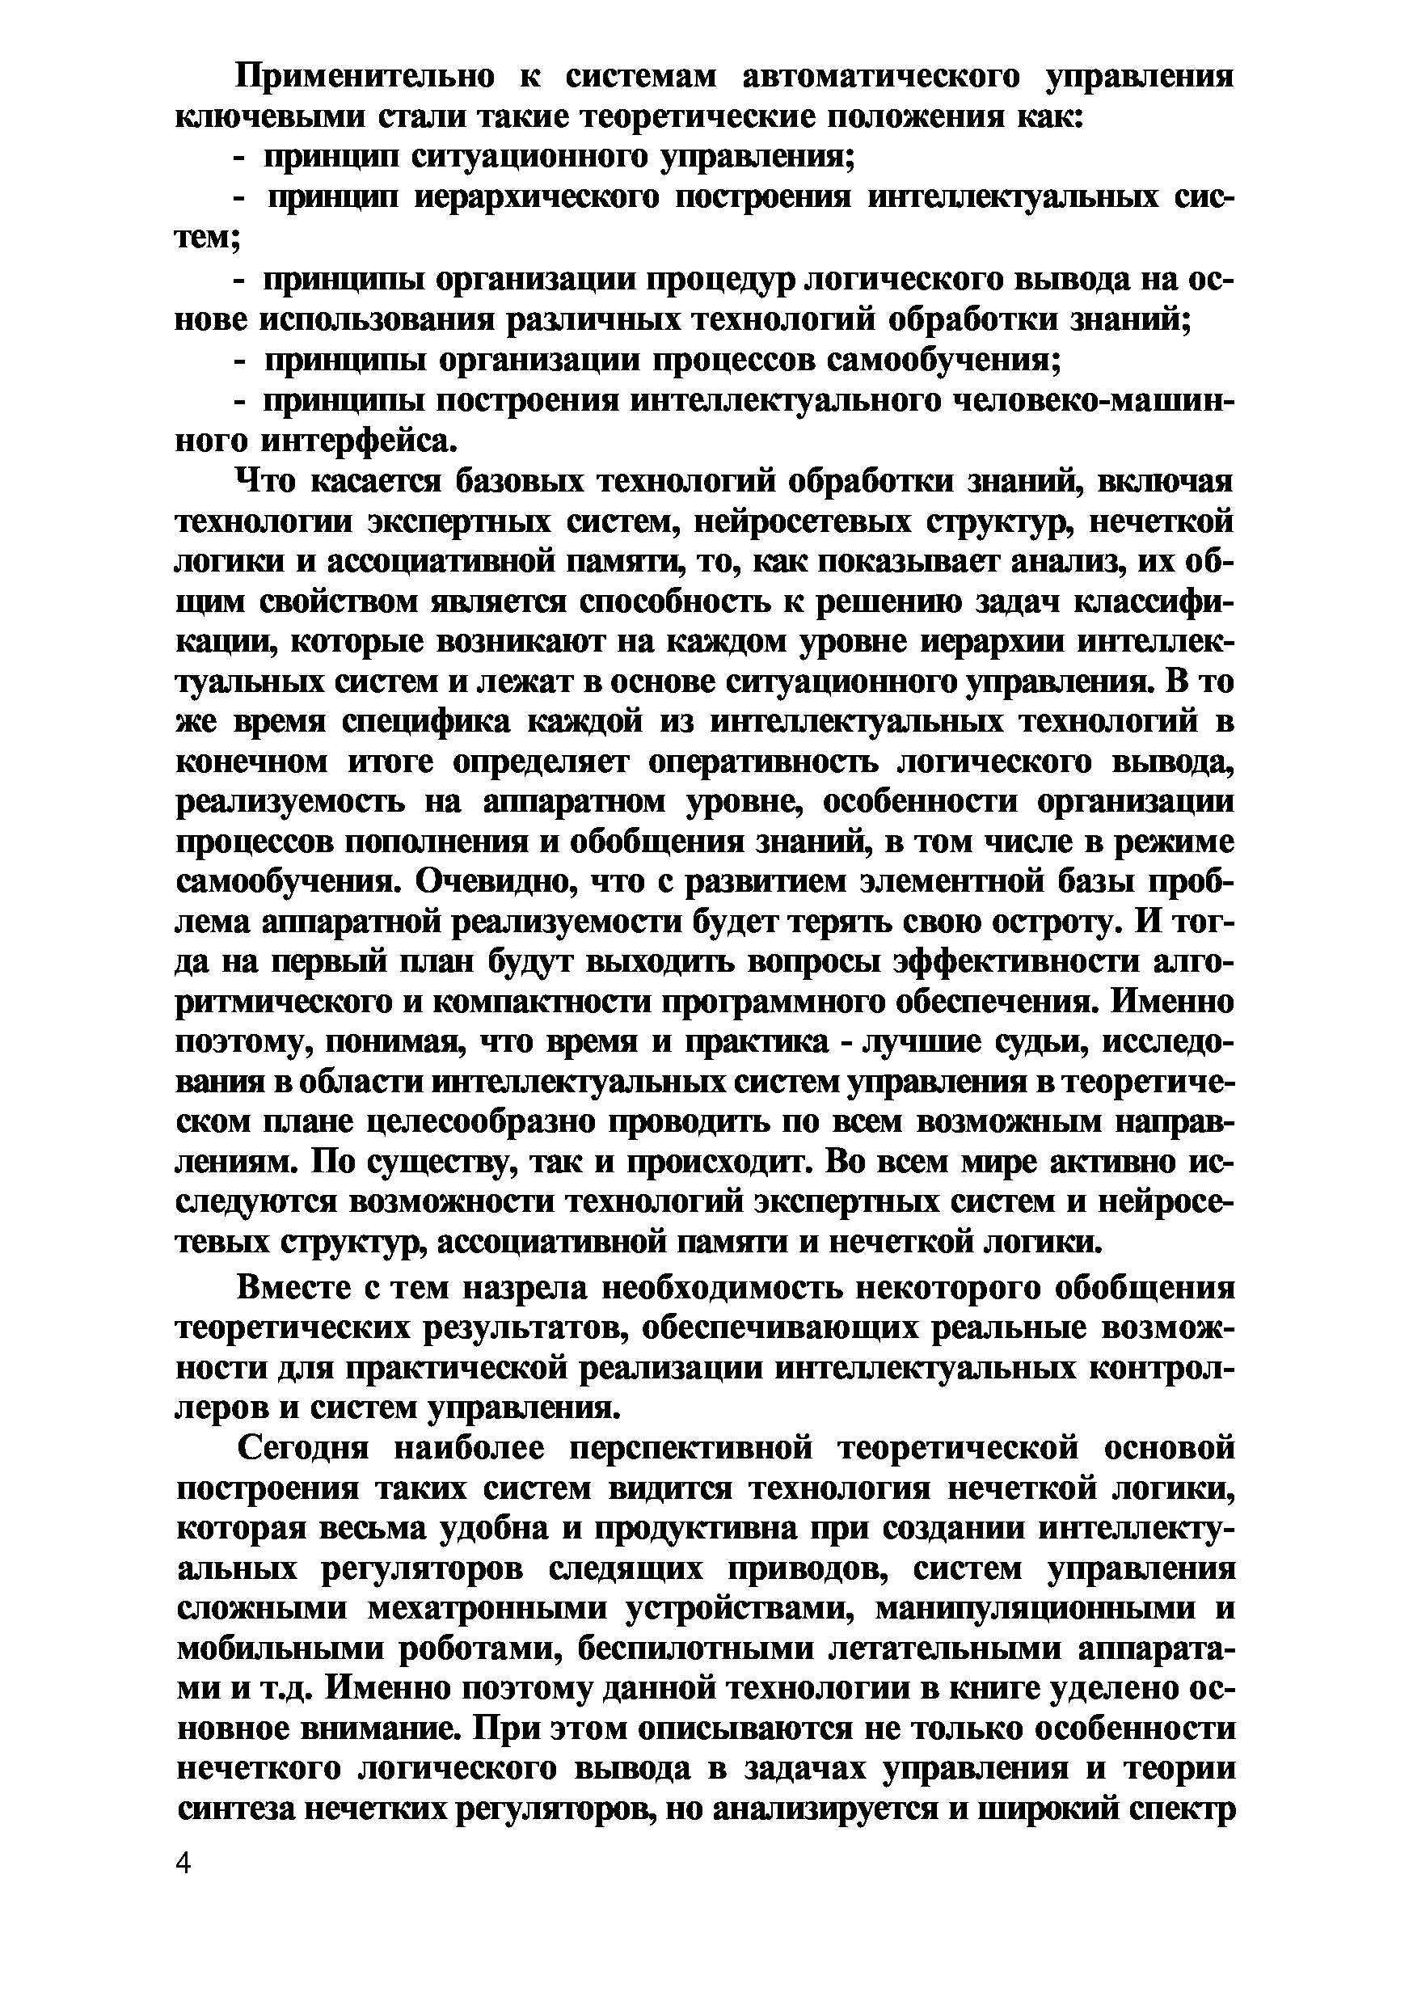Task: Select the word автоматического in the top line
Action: tap(882, 78)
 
